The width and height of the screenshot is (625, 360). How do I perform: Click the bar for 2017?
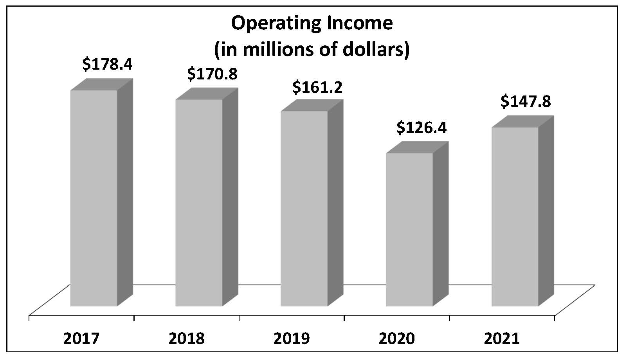click(x=94, y=198)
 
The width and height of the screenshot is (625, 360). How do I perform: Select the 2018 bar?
click(x=199, y=202)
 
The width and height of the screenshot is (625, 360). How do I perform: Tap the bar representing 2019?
click(x=304, y=208)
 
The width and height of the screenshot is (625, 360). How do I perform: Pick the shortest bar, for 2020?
click(x=409, y=229)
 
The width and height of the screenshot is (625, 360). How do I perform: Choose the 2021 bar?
click(x=515, y=216)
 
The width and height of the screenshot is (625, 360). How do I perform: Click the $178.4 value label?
click(x=107, y=64)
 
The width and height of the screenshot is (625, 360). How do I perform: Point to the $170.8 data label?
click(x=213, y=74)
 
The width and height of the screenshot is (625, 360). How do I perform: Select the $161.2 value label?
click(x=317, y=87)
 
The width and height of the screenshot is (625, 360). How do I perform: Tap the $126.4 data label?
click(x=421, y=128)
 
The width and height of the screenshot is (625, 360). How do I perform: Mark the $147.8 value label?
click(x=526, y=101)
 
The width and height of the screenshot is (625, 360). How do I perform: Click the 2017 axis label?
click(x=81, y=338)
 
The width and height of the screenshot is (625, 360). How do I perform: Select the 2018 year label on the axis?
click(x=187, y=338)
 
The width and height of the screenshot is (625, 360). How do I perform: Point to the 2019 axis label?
click(x=292, y=338)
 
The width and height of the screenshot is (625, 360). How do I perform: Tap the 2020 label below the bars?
click(x=397, y=338)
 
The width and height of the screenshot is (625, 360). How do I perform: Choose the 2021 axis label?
click(x=502, y=338)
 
